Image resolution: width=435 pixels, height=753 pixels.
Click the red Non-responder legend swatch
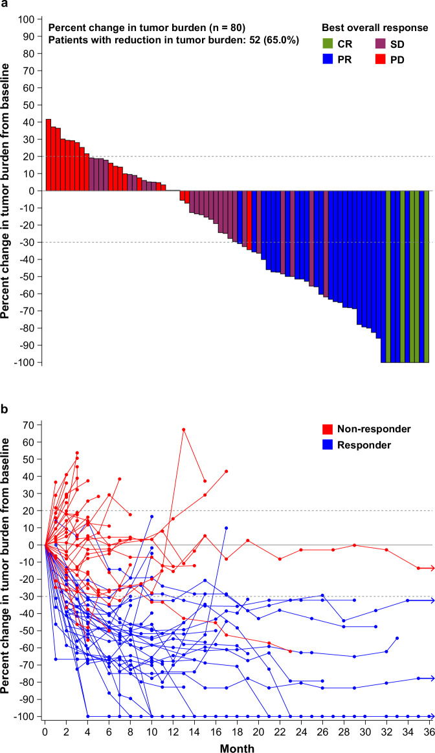pyautogui.click(x=328, y=428)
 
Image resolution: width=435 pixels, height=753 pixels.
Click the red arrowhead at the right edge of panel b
pyautogui.click(x=430, y=568)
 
